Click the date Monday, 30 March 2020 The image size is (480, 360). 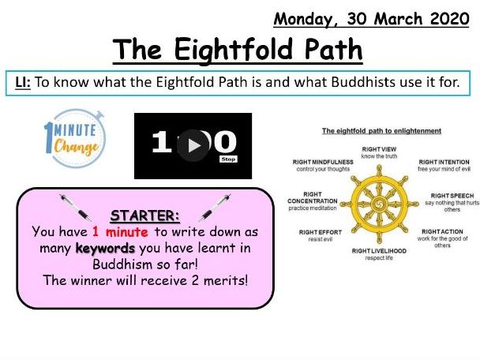point(371,19)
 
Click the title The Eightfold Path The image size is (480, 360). point(238,50)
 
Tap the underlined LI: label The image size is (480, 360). point(23,82)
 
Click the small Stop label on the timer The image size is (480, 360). point(228,159)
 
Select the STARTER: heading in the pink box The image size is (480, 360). point(144,216)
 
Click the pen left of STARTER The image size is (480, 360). point(75,207)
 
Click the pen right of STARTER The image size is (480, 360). point(215,207)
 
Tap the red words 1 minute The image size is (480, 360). point(120,232)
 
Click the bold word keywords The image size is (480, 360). point(105,248)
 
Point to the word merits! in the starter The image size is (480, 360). point(226,280)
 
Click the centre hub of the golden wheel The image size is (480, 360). point(379,204)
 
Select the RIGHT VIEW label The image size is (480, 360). point(379,149)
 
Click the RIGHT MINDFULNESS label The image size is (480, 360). point(323,163)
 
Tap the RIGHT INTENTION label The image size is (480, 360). point(444,163)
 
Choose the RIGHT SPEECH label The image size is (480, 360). point(452,196)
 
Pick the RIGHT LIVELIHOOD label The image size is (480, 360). point(379,251)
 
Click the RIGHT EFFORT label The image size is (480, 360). point(321,232)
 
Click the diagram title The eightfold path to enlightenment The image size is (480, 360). point(381,131)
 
